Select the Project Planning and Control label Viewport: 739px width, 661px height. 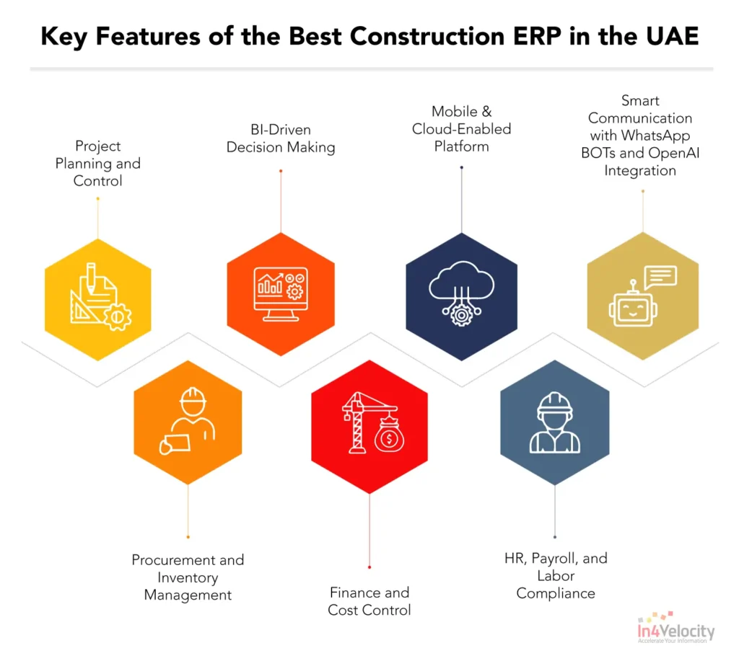point(97,164)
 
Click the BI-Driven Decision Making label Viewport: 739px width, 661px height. point(281,138)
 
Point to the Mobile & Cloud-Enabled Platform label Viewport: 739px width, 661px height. point(461,129)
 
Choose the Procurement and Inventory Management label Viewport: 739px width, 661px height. point(188,577)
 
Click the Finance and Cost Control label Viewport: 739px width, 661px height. point(369,601)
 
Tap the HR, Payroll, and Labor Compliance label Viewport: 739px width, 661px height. point(556,576)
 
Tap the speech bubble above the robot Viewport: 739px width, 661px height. point(660,276)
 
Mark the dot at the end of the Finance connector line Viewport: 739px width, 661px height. point(369,567)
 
